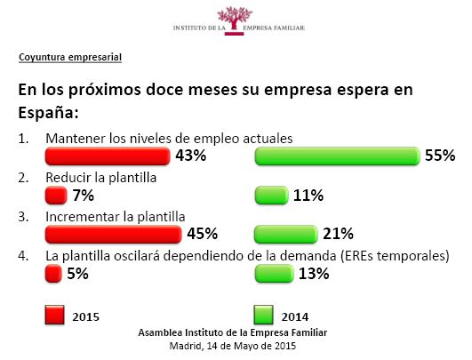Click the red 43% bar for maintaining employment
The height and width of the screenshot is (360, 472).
(x=108, y=156)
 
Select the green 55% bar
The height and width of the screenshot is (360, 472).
(x=337, y=156)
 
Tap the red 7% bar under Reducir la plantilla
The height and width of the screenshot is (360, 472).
(x=56, y=196)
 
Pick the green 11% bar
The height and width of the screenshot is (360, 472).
(x=271, y=196)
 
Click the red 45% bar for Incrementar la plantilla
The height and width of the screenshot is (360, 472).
(x=114, y=234)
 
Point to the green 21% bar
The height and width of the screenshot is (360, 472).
(x=286, y=234)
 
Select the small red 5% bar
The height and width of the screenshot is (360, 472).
(x=53, y=274)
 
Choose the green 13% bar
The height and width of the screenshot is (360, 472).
(x=274, y=274)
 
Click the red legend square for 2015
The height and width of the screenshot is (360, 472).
(x=54, y=315)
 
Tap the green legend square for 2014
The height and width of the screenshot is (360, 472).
(x=264, y=315)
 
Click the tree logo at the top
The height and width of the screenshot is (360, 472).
(x=235, y=20)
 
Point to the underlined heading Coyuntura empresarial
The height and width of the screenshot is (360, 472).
(x=70, y=57)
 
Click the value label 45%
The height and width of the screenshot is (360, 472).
(x=203, y=234)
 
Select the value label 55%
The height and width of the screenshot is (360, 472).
(x=440, y=156)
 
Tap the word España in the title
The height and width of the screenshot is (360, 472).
(x=48, y=112)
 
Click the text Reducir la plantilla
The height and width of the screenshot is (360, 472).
(x=101, y=178)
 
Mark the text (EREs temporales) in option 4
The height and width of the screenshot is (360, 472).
(x=395, y=256)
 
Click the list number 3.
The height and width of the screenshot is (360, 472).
(x=23, y=217)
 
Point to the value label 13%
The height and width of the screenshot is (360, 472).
(x=314, y=274)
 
